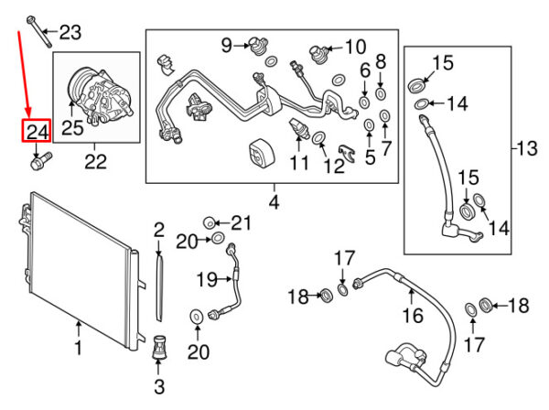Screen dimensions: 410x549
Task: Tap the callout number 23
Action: [x=70, y=34]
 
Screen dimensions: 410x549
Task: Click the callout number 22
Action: [x=95, y=163]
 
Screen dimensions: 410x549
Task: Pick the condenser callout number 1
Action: [x=78, y=348]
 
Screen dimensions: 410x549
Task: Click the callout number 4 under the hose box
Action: [x=272, y=199]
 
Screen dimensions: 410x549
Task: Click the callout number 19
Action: [x=205, y=278]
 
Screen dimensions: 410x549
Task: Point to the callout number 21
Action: [x=240, y=222]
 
